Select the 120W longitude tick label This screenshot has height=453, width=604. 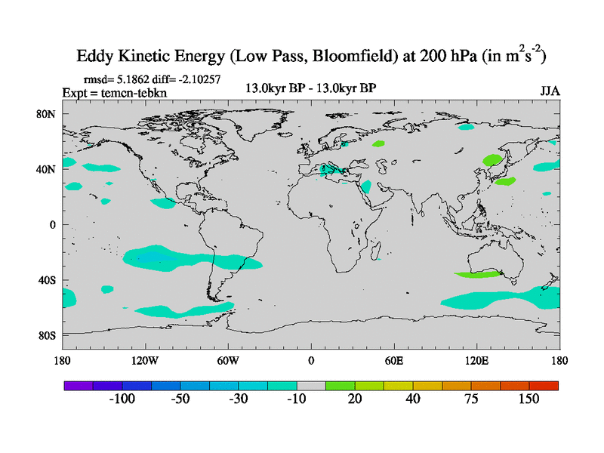click(x=144, y=360)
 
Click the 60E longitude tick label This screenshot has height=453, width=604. click(x=394, y=360)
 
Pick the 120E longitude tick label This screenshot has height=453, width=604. click(x=477, y=360)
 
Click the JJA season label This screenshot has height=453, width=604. click(x=550, y=91)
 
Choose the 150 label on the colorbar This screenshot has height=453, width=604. click(x=528, y=399)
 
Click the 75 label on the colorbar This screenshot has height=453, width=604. click(x=471, y=399)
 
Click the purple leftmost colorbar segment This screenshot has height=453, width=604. click(x=79, y=385)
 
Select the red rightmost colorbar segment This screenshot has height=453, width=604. click(x=544, y=385)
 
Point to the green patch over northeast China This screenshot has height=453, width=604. click(x=493, y=160)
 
